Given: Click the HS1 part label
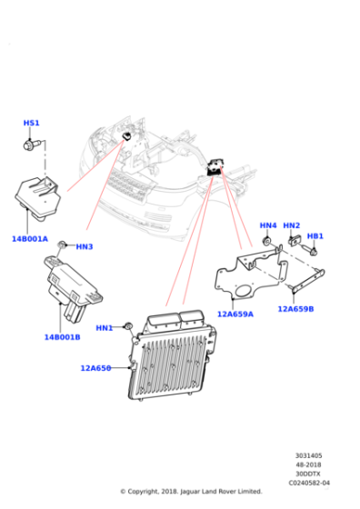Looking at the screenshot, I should point(31,123).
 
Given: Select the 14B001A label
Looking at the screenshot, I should point(30,239).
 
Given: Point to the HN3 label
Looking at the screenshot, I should point(84,246).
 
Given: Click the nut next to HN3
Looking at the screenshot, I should point(62,245).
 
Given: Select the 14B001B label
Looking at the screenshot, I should point(62,337).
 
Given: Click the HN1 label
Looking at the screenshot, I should point(105,328).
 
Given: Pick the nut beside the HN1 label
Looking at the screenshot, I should point(128,325).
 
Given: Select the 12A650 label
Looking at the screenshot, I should point(95,368).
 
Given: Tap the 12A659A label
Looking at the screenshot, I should point(235,314).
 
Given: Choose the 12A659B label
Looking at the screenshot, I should point(295,309).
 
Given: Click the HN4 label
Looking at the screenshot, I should point(268,225).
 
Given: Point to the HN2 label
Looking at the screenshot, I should point(292,225).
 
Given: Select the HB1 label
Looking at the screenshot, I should point(315,235).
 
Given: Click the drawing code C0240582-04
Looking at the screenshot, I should point(309,483).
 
